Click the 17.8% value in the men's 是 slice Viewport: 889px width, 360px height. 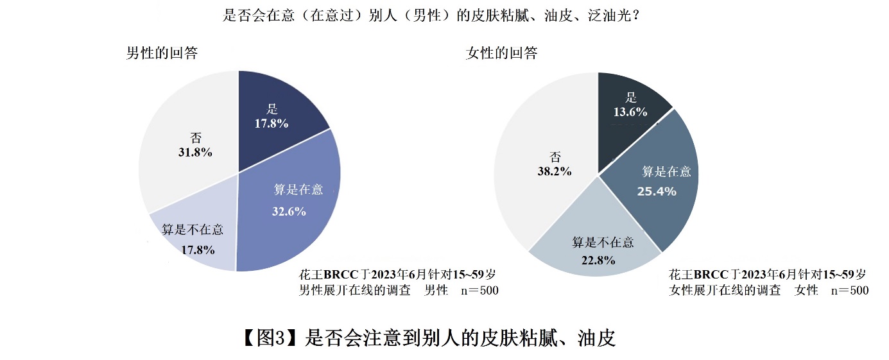point(271,124)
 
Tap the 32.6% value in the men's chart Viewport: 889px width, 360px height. point(289,211)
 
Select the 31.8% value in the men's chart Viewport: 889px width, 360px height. point(195,153)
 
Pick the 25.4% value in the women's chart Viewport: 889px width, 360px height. point(656,191)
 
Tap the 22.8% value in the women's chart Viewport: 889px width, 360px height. point(598,260)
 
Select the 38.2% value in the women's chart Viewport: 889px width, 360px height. point(555,171)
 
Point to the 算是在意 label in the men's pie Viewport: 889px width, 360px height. point(298,189)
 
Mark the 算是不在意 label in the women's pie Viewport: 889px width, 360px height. point(603,242)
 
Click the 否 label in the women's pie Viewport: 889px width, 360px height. point(555,157)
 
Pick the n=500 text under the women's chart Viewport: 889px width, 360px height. point(849,291)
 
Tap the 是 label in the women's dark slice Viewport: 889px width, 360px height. point(631,97)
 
